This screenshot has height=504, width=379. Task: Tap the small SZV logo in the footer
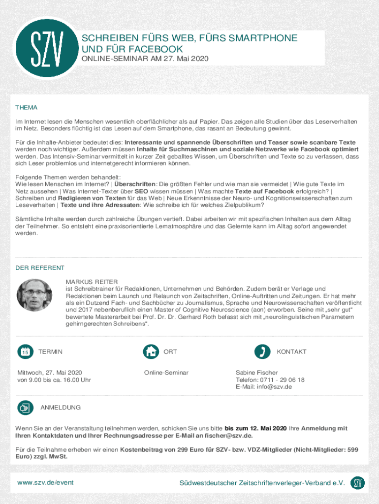pos(358,483)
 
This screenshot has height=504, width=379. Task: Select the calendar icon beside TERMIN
pos(25,351)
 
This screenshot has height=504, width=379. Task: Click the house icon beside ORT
pos(151,351)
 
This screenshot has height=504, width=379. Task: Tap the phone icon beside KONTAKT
pos(262,351)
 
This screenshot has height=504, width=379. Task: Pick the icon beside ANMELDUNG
pos(25,408)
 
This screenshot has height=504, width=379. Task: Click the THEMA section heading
pos(27,107)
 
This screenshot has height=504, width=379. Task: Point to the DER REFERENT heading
pos(40,268)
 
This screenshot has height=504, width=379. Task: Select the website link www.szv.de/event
pos(45,483)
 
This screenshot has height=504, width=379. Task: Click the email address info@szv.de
pos(274,387)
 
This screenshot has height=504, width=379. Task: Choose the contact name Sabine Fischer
pos(256,373)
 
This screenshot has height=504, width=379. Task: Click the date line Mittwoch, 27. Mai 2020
pos(50,373)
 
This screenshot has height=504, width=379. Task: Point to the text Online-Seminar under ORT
pos(166,373)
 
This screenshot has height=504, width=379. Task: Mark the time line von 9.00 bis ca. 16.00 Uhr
pos(54,379)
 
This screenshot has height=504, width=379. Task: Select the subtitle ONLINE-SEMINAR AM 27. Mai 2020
pos(145,59)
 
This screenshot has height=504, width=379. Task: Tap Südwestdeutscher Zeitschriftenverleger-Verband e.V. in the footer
pos(262,483)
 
